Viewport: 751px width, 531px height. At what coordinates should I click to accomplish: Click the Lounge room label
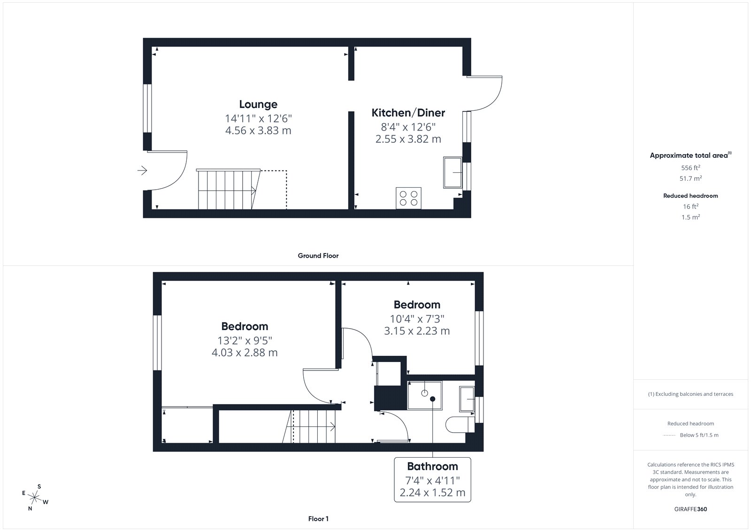point(258,104)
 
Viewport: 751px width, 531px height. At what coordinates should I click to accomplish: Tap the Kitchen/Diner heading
point(408,113)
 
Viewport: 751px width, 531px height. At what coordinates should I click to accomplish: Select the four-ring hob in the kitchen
point(408,198)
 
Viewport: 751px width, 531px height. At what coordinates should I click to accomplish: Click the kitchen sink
point(452,172)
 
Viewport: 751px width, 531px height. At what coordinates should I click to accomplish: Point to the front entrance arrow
point(142,170)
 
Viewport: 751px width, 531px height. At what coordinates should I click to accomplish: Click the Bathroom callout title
point(432,466)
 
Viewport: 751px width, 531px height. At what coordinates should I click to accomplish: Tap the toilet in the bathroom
point(460,425)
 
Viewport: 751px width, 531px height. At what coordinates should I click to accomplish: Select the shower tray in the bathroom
point(425,395)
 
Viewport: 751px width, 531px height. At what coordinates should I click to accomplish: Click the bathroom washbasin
point(467,399)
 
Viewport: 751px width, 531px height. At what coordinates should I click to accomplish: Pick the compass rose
point(34,498)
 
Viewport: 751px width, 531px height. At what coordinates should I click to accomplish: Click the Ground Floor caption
point(318,255)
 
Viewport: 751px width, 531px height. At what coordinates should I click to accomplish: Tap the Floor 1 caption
point(318,519)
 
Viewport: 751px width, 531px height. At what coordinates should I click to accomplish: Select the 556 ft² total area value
point(690,168)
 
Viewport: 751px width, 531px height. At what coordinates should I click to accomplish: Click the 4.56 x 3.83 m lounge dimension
point(258,131)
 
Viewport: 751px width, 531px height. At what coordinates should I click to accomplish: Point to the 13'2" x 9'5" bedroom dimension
point(245,340)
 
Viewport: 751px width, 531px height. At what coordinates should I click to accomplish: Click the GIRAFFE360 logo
point(690,509)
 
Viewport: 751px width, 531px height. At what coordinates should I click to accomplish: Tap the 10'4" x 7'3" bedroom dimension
point(417,319)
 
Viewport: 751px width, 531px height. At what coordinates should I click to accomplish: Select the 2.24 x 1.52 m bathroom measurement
point(432,493)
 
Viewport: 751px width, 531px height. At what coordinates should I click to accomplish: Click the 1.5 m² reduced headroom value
point(690,217)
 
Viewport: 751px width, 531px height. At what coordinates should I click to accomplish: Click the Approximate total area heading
point(690,155)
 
